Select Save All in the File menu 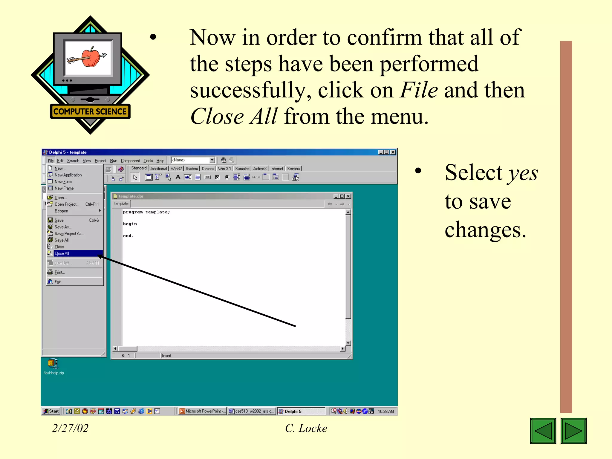click(62, 240)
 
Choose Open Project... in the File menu click(67, 204)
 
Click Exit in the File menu click(57, 282)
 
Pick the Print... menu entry click(59, 272)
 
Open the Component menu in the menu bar click(130, 161)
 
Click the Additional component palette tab click(158, 169)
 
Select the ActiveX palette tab click(259, 169)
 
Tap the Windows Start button click(51, 411)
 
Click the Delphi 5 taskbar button click(300, 411)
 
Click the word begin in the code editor click(130, 224)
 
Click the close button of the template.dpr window click(348, 196)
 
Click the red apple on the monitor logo click(91, 57)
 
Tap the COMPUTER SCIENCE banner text click(90, 111)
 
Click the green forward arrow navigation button click(573, 431)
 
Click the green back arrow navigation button click(543, 431)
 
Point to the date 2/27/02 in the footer click(70, 428)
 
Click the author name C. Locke click(306, 428)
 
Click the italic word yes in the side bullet click(523, 173)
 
